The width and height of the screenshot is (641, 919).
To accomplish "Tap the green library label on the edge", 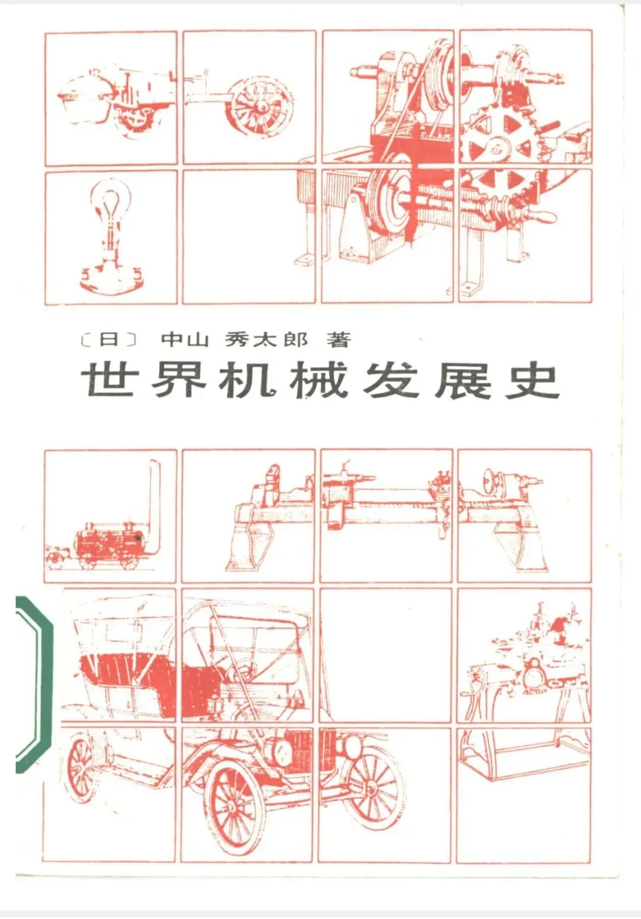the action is (x=34, y=685).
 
